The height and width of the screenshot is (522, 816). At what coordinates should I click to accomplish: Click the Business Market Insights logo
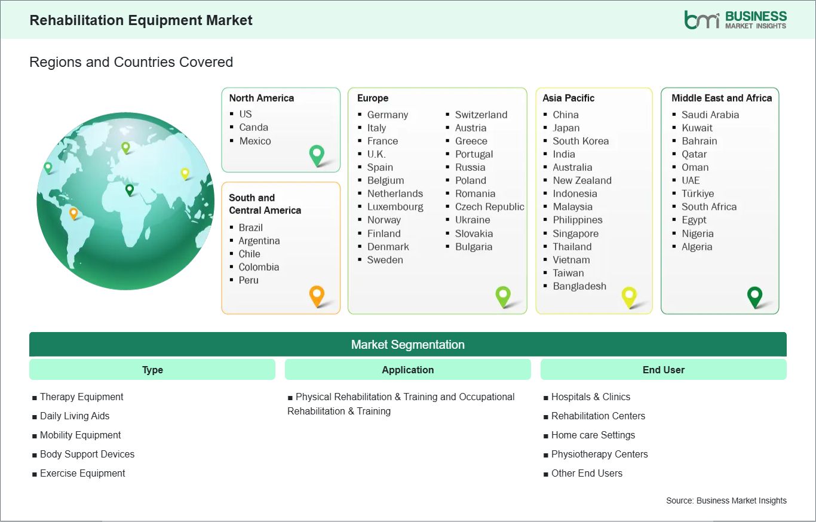pyautogui.click(x=735, y=20)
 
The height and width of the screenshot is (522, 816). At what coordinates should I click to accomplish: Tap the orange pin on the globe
pyautogui.click(x=73, y=213)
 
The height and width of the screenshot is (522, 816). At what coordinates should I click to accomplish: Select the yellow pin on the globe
pyautogui.click(x=185, y=174)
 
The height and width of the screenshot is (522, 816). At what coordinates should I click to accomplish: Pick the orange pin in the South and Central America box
pyautogui.click(x=317, y=296)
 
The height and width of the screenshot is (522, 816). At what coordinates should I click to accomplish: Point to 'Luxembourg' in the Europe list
pyautogui.click(x=395, y=207)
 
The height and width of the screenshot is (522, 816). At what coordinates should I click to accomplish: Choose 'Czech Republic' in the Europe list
pyautogui.click(x=490, y=207)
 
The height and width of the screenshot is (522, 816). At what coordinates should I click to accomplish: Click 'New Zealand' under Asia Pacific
pyautogui.click(x=582, y=181)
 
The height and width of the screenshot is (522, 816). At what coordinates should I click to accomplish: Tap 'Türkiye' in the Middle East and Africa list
pyautogui.click(x=698, y=194)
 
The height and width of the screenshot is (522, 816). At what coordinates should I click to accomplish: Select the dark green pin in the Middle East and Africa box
pyautogui.click(x=755, y=297)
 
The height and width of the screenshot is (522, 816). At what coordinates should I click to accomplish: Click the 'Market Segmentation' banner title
pyautogui.click(x=408, y=345)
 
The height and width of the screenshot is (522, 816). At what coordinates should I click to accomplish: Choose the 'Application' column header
pyautogui.click(x=408, y=370)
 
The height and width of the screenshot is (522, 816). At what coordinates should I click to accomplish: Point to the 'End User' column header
pyautogui.click(x=664, y=370)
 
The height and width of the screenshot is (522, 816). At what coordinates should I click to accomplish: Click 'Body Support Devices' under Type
pyautogui.click(x=87, y=455)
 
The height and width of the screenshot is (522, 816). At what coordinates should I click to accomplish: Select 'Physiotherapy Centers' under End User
pyautogui.click(x=600, y=455)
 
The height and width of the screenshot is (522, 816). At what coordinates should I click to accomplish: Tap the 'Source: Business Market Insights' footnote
pyautogui.click(x=726, y=501)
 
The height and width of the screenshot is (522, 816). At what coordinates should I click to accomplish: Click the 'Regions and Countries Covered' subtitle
pyautogui.click(x=131, y=62)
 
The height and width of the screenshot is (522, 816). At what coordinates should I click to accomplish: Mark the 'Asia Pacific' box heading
pyautogui.click(x=568, y=98)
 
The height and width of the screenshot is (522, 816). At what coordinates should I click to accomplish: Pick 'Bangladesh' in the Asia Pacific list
pyautogui.click(x=579, y=286)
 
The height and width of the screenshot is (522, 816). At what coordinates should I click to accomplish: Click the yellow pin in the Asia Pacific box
pyautogui.click(x=629, y=297)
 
